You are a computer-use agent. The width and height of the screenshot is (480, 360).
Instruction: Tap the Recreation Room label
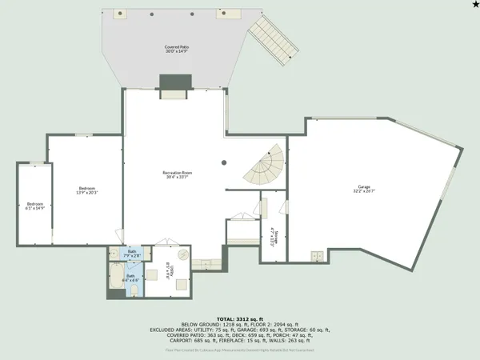click(177, 174)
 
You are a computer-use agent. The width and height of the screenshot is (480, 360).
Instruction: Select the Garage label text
click(364, 190)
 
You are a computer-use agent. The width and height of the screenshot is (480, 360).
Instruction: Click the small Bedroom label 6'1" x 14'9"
click(34, 206)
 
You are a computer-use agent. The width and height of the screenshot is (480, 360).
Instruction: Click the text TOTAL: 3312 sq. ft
click(240, 318)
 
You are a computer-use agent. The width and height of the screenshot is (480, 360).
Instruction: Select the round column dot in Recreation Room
click(224, 162)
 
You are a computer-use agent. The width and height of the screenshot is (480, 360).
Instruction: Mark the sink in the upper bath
click(116, 255)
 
